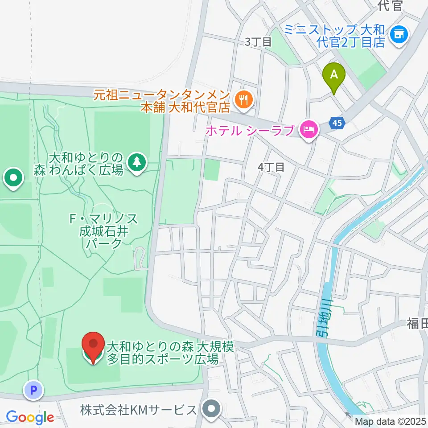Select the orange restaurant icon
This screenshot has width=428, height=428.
coord(243,99)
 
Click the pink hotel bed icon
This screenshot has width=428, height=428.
coord(310,130)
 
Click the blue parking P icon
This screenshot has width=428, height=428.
coord(33,391)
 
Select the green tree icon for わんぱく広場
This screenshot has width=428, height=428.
coord(137,163)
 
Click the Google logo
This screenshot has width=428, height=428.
coord(30,418)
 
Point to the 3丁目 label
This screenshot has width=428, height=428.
coord(259,42)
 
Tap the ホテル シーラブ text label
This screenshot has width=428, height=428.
coord(250,131)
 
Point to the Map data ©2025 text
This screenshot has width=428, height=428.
coord(391,420)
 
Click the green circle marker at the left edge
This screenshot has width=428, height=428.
coord(14,179)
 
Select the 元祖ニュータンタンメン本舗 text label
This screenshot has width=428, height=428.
coord(161,101)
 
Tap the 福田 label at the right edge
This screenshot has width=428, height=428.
coord(417,323)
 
